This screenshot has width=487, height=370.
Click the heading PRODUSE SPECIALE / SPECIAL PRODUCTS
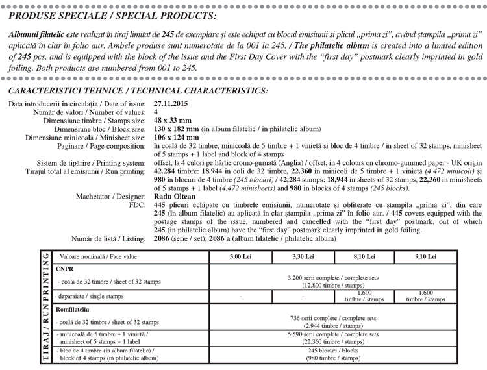click(x=113, y=15)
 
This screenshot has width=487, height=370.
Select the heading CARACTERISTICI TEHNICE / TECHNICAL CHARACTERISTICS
click(x=138, y=91)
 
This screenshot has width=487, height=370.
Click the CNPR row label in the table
click(x=64, y=267)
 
